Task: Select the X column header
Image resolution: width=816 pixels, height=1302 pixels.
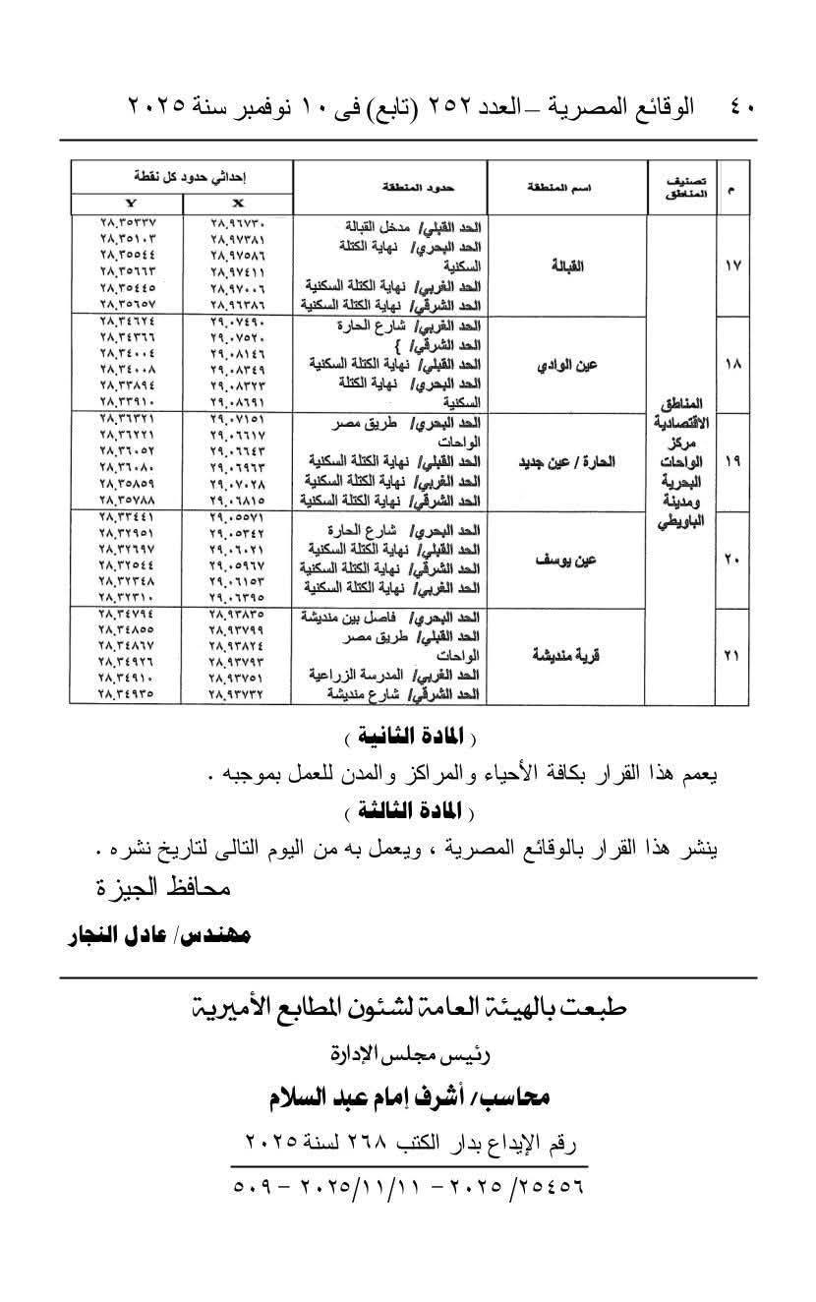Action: [238, 203]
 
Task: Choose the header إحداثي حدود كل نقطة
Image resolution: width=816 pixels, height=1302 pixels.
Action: [183, 177]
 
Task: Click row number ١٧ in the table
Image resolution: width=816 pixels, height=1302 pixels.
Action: [731, 266]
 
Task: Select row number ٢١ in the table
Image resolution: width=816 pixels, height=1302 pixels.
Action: [731, 656]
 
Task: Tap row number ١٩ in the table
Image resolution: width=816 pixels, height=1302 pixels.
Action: [731, 461]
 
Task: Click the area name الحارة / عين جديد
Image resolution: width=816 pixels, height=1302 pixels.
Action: [566, 461]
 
